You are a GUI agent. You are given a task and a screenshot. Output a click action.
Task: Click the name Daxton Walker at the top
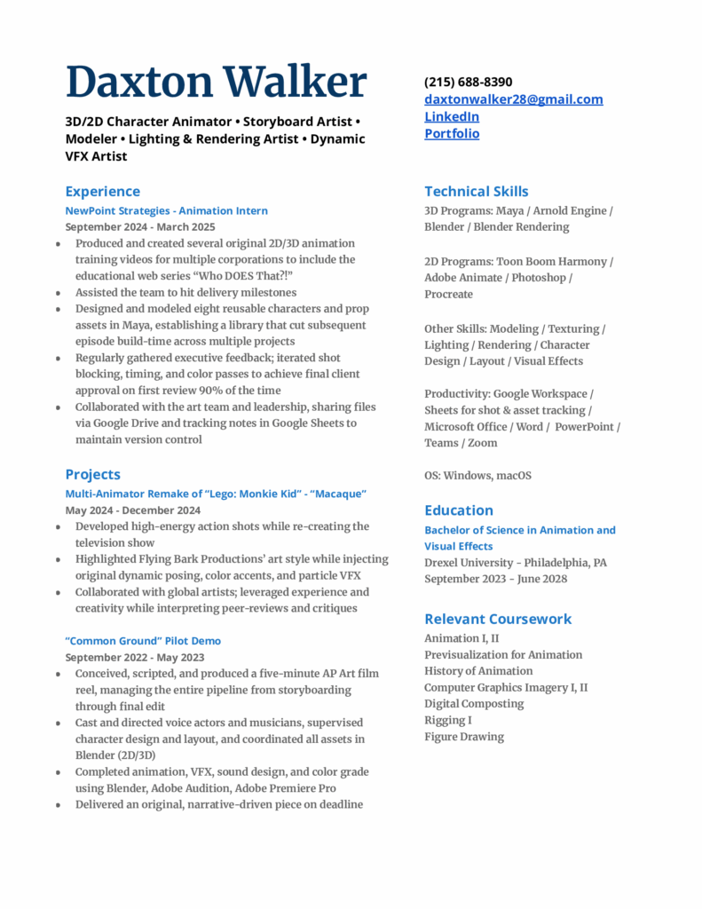coord(216,82)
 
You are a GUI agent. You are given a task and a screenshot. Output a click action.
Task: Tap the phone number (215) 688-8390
coord(468,82)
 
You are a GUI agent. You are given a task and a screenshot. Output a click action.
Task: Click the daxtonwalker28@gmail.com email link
coord(513,99)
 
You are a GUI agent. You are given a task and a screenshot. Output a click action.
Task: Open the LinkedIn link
coord(451,116)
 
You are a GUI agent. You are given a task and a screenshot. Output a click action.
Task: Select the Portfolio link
coord(451,133)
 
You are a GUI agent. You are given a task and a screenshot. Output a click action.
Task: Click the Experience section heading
coord(102,191)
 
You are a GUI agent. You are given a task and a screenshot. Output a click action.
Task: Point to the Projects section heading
coord(92,474)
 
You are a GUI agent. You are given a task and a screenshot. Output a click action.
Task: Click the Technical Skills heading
coord(476,191)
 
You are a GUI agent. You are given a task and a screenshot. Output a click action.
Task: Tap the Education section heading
coord(458,510)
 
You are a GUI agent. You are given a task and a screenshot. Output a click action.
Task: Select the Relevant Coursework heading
coord(497,619)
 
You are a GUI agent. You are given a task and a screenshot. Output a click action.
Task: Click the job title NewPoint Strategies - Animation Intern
coord(166,210)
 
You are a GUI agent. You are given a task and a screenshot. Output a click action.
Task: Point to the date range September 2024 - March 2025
coord(139,226)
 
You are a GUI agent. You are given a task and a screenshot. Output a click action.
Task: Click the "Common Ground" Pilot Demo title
coord(143,641)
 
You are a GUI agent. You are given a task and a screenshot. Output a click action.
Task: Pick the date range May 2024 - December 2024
coord(132,510)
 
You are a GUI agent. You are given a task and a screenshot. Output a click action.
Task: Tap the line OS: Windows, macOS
coord(477,476)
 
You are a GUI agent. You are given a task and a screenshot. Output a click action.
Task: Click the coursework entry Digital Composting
coord(474,704)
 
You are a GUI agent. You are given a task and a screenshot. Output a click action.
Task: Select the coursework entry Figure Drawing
coord(463,737)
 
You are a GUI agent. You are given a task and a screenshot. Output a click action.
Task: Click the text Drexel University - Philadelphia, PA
coord(515,563)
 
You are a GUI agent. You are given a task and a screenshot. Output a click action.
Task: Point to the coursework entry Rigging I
coord(447,720)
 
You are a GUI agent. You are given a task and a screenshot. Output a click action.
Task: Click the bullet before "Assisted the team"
coord(58,293)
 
